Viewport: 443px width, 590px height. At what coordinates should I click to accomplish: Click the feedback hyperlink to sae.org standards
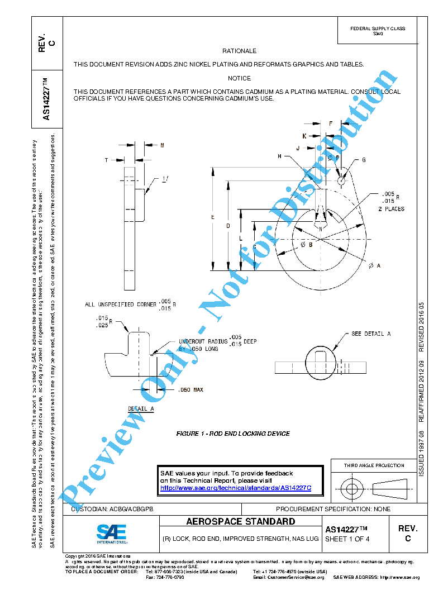coord(235,488)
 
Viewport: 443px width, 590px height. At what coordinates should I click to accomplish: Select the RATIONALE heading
coord(239,51)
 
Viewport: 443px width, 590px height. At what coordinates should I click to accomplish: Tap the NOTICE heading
coord(239,78)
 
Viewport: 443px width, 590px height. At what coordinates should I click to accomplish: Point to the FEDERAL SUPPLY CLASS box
coord(378,31)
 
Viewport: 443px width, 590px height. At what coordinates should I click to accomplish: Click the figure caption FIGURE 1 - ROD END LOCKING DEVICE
coord(233,434)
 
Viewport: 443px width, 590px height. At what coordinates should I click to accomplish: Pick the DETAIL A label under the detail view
coord(141,409)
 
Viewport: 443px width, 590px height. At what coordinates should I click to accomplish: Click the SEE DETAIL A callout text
coord(371,334)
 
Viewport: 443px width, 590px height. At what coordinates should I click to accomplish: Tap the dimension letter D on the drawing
coord(228,226)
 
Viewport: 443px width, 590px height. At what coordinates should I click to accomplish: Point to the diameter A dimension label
coord(374,266)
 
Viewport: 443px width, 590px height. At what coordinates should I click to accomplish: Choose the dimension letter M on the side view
coord(162,145)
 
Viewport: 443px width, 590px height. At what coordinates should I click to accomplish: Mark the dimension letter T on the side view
coord(106,160)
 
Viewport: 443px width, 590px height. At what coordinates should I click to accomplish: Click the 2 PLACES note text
coord(391,209)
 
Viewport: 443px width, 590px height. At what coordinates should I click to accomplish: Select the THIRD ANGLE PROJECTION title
coord(374,465)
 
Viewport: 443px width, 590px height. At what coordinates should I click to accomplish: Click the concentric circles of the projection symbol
coord(351,489)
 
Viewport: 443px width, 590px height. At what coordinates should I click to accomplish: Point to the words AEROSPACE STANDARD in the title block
coord(240,522)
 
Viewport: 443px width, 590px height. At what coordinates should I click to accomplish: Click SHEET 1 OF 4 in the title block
coord(347,539)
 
